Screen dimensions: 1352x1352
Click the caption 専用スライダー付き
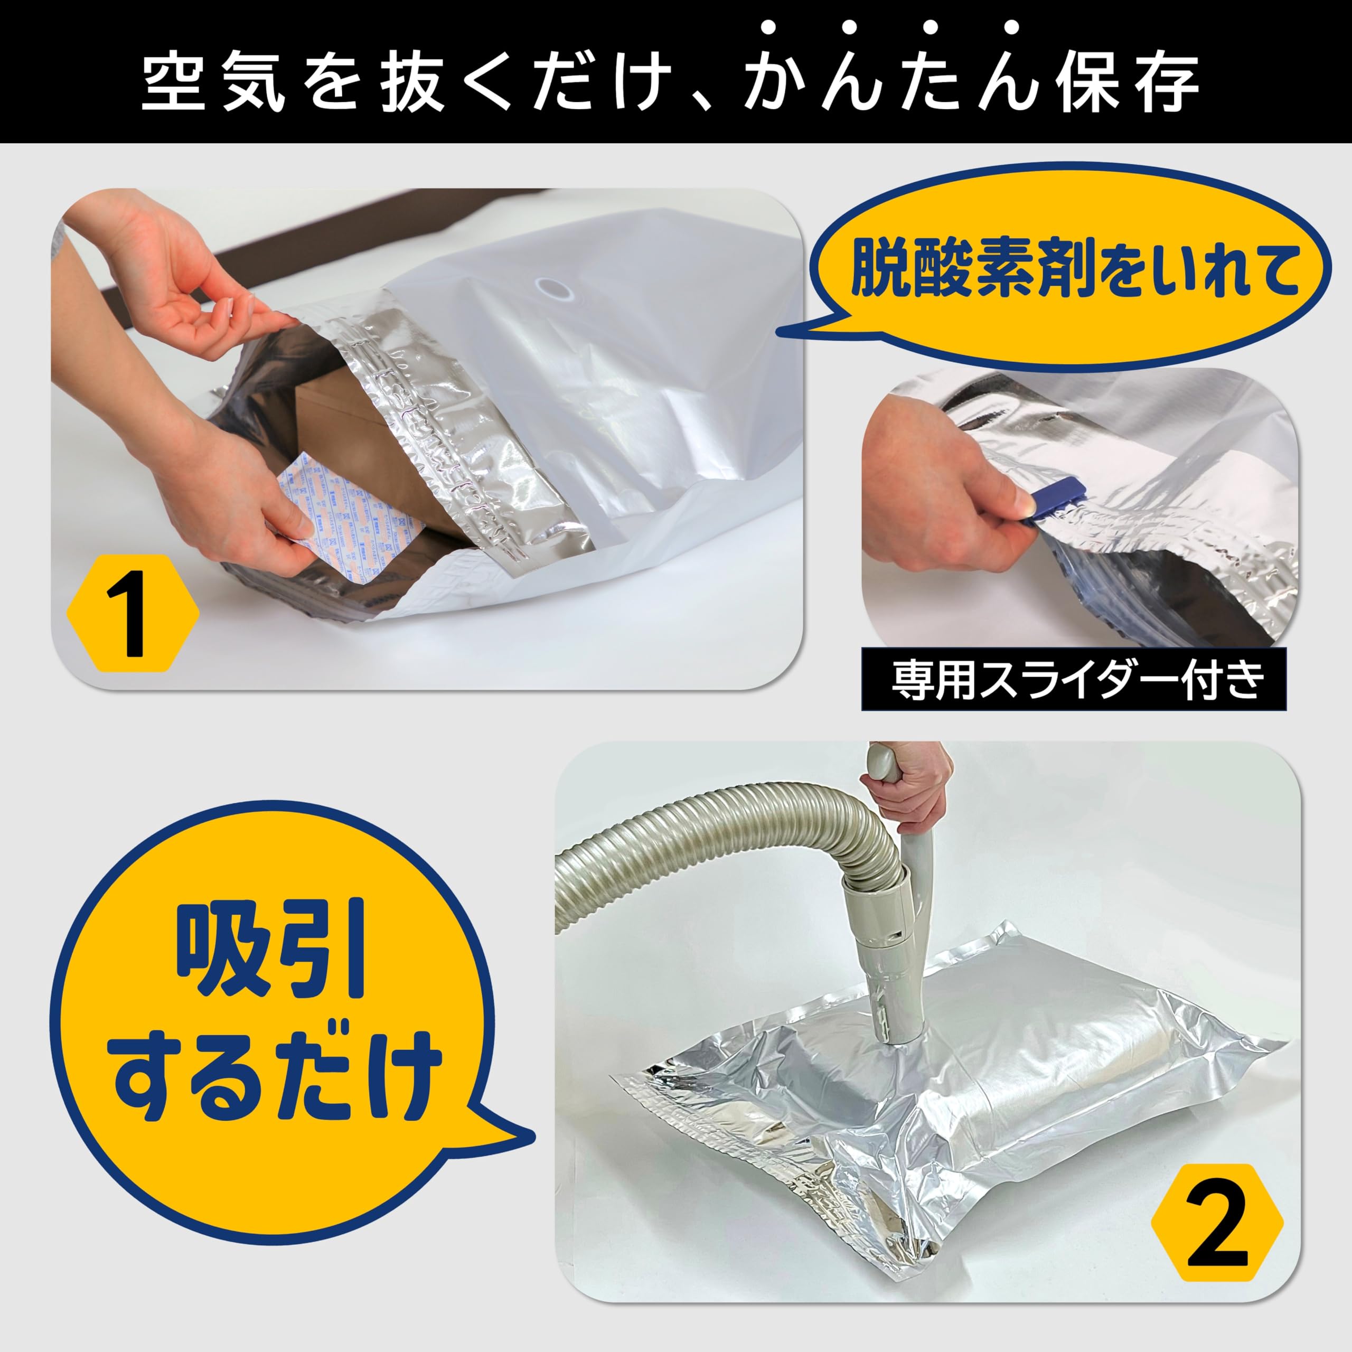click(x=1074, y=680)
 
